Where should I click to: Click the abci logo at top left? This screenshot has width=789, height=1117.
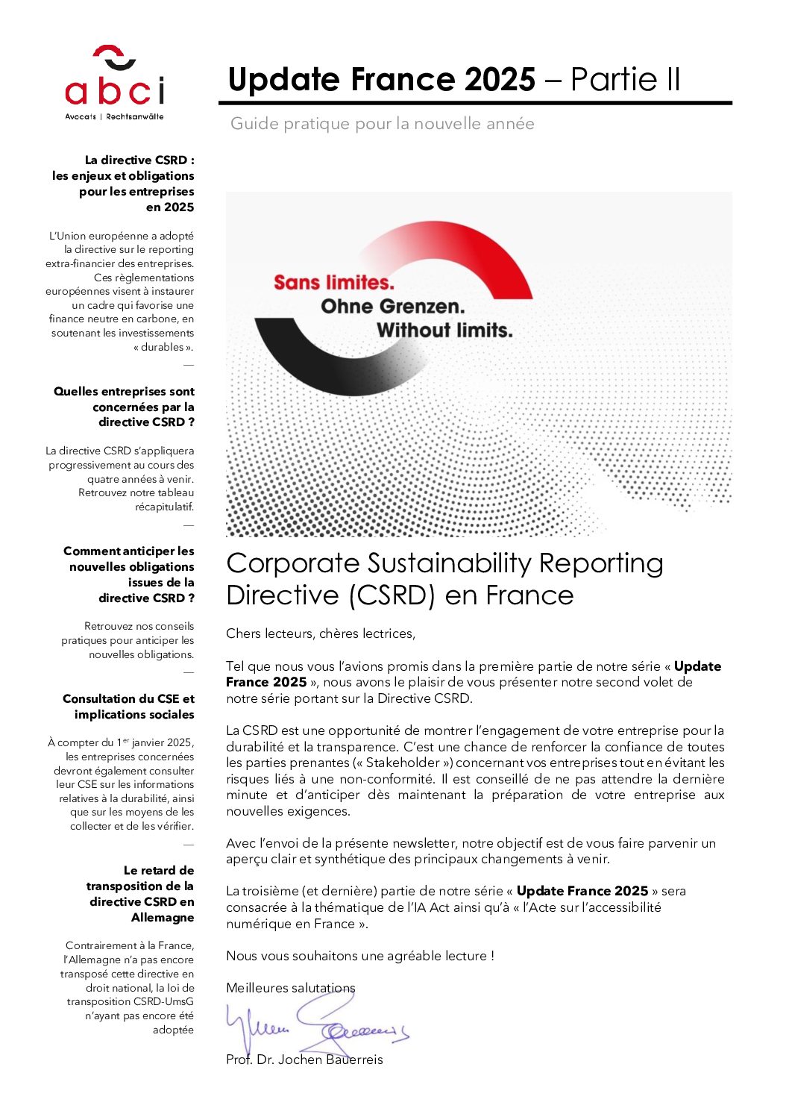click(x=114, y=82)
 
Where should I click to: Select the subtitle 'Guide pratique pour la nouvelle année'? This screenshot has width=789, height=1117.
click(x=382, y=124)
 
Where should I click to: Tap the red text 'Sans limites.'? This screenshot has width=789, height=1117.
click(x=333, y=283)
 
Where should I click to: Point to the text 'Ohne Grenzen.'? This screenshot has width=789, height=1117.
click(x=392, y=307)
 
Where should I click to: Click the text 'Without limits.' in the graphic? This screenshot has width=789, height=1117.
click(x=444, y=331)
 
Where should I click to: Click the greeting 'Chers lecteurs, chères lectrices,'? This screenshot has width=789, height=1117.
click(x=321, y=634)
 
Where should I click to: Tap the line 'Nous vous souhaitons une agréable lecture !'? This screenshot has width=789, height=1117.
click(x=360, y=956)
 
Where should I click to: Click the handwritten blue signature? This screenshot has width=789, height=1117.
click(x=317, y=1026)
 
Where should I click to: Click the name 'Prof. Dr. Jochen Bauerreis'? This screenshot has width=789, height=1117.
click(x=304, y=1060)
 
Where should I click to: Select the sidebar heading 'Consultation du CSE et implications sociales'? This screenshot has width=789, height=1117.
click(x=128, y=707)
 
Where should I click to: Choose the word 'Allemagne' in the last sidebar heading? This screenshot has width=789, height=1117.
click(x=163, y=918)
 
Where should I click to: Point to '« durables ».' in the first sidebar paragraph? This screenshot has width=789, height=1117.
click(x=163, y=347)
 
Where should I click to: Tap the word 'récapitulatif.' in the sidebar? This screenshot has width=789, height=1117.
click(x=164, y=507)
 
